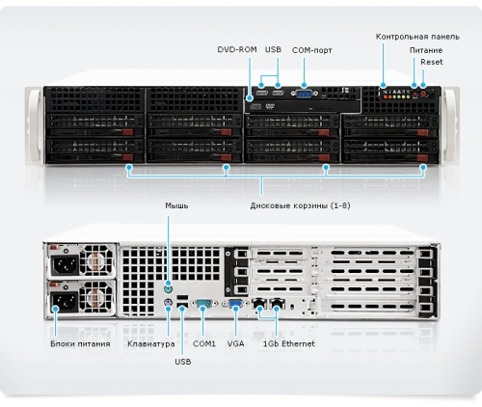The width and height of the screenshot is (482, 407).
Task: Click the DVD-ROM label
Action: tap(237, 49)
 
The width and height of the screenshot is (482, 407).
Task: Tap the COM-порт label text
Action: tap(311, 50)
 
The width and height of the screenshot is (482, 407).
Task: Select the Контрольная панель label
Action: tap(417, 37)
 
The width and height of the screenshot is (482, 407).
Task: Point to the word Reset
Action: tap(432, 62)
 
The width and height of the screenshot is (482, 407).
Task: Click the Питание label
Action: tap(426, 50)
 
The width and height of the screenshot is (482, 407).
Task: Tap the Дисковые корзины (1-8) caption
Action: tap(300, 205)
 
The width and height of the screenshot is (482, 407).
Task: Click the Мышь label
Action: tap(176, 205)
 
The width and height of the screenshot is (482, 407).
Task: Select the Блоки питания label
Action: tap(80, 344)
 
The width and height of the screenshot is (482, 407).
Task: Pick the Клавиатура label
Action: tap(151, 344)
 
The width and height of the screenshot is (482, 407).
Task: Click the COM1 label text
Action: tap(204, 344)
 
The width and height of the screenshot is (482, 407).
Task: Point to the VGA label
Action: tap(235, 344)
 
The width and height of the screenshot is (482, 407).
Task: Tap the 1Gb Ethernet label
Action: tap(289, 344)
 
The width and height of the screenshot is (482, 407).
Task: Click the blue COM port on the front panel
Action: tap(304, 94)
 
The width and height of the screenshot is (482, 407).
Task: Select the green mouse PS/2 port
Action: tap(168, 289)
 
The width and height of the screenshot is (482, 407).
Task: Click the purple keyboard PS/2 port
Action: tap(168, 303)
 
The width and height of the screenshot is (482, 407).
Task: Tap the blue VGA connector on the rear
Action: tap(236, 304)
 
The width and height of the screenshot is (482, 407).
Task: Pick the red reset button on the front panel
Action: tap(423, 94)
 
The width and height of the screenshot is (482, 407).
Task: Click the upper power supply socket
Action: tap(66, 264)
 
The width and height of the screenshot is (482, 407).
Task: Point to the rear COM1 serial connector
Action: tap(203, 304)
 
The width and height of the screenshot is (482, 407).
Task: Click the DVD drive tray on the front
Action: tap(302, 106)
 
